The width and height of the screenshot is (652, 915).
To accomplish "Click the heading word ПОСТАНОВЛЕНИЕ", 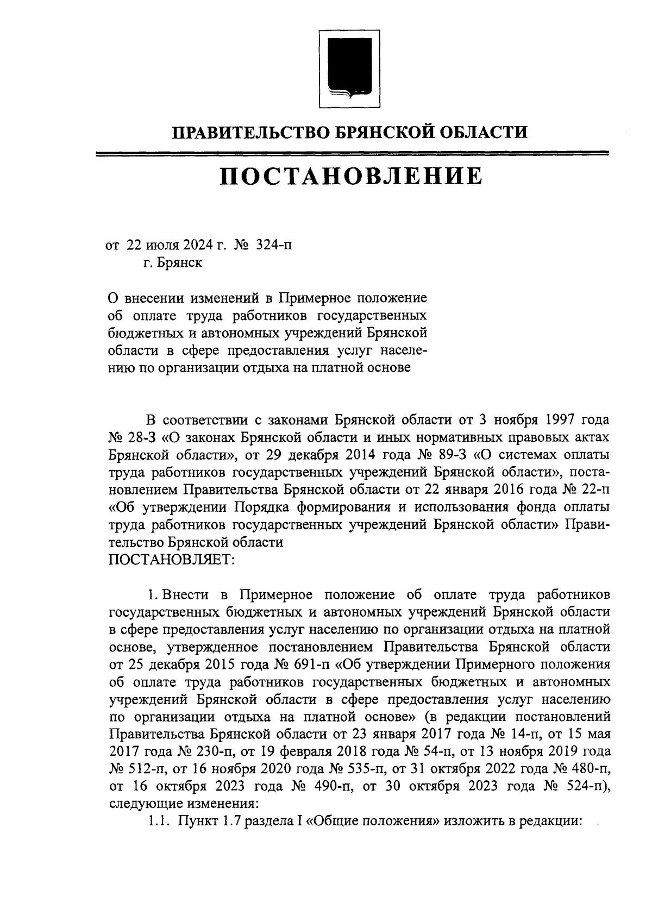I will click(350, 177).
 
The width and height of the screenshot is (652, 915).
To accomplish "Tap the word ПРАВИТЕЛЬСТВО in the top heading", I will click(238, 132).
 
